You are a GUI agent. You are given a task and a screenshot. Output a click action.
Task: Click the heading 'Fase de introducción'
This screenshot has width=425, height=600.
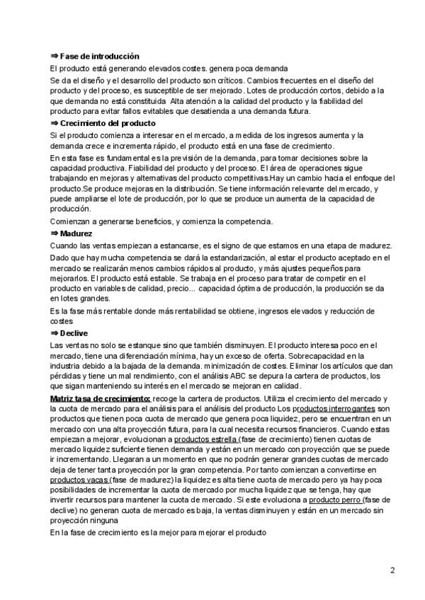[x=100, y=56]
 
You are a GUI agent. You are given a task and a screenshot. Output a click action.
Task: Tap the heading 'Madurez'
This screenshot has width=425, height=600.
[x=76, y=233]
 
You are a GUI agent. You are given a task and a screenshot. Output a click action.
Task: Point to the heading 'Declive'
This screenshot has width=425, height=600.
[x=74, y=332]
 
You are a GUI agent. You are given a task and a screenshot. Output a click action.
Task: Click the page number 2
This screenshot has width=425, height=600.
[x=392, y=570]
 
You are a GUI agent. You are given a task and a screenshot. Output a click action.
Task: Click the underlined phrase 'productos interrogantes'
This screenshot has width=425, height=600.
[x=331, y=409]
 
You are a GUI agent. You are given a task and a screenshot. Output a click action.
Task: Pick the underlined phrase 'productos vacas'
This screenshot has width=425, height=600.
[x=79, y=479]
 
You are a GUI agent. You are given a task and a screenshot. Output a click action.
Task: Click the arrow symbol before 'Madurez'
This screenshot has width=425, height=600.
[x=55, y=233]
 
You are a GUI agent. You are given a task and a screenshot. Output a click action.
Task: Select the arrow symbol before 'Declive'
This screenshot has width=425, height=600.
[x=55, y=332]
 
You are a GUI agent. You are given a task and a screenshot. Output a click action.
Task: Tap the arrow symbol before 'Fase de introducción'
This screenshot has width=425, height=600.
[x=55, y=56]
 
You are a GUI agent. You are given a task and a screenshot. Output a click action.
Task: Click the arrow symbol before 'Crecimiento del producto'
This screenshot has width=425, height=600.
[x=55, y=123]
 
